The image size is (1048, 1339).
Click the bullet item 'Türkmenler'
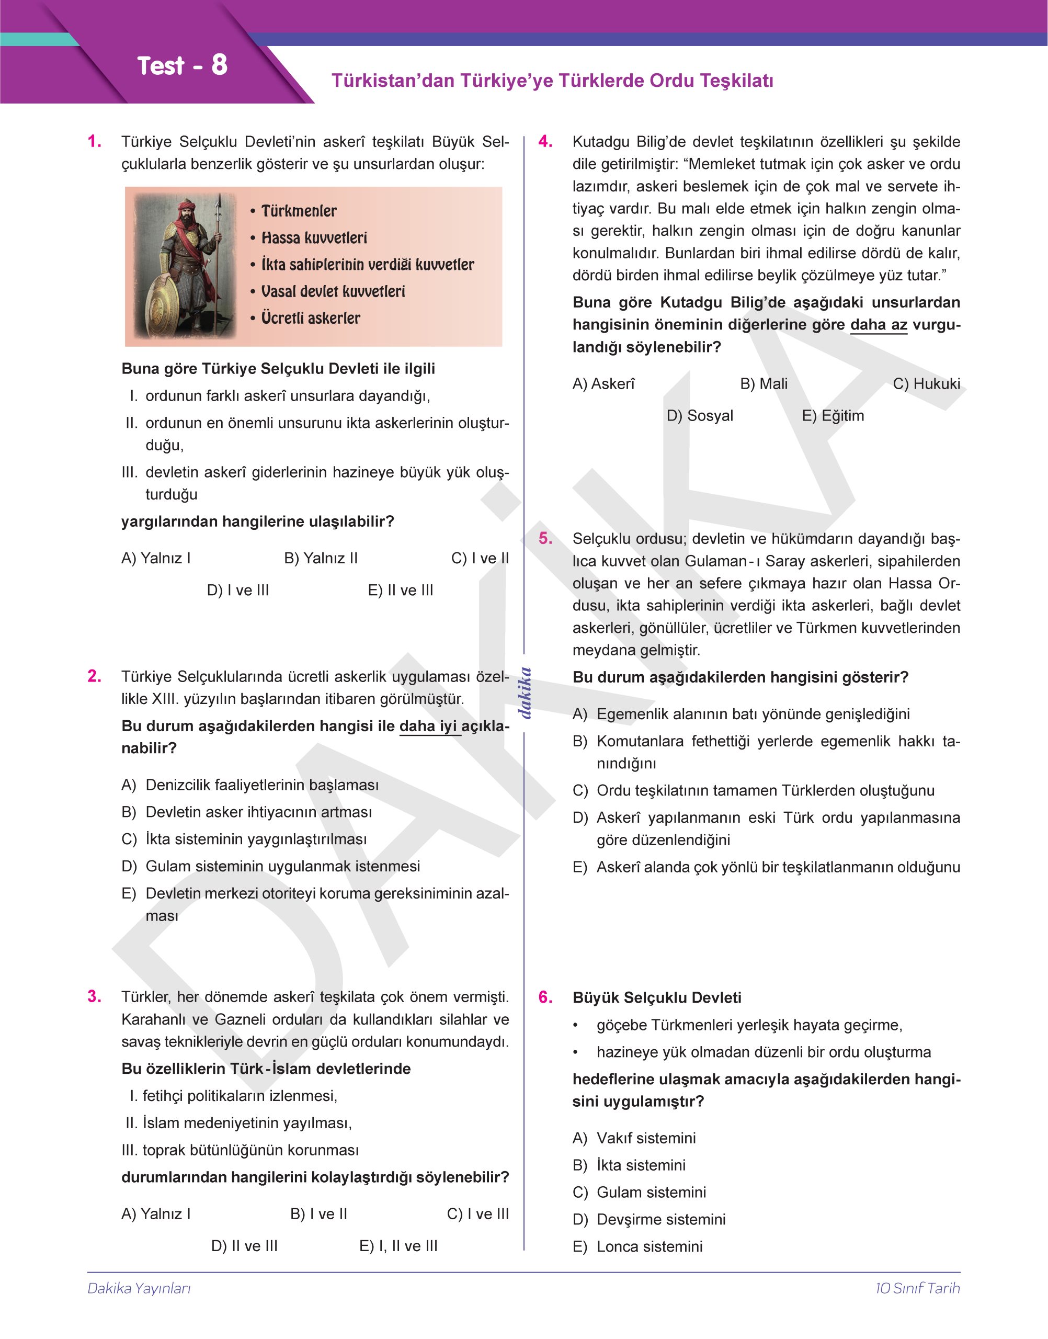tap(299, 211)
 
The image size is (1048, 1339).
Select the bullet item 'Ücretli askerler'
tap(311, 318)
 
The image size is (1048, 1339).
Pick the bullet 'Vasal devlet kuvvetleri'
tap(333, 291)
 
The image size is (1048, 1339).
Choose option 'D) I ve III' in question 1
tap(238, 591)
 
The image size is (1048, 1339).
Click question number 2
tap(95, 676)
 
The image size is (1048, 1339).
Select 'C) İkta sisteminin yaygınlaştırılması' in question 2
tap(244, 839)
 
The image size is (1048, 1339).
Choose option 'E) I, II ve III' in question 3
tap(398, 1246)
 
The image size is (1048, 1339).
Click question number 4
tap(545, 142)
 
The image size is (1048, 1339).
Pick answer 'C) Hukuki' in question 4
tap(926, 384)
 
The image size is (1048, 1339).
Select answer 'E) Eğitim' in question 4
tap(833, 416)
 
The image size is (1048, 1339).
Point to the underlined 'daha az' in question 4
tap(878, 325)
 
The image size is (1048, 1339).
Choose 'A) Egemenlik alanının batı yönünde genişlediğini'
tap(741, 714)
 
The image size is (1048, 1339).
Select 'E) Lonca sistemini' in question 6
tap(637, 1246)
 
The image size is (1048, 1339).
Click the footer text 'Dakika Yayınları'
tap(139, 1288)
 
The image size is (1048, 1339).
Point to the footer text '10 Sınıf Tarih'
tap(917, 1288)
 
